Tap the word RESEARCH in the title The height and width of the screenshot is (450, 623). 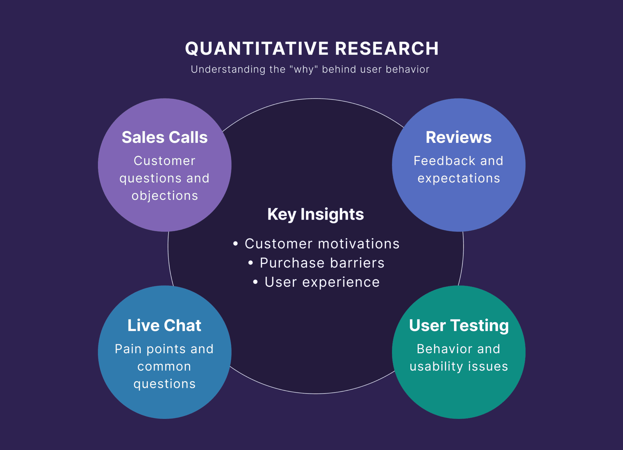pos(386,49)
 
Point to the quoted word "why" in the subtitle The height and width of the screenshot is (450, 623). pos(303,69)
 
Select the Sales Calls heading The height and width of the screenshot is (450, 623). pos(165,137)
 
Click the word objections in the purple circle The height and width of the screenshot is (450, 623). pos(165,196)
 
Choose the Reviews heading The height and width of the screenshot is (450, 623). pos(458,137)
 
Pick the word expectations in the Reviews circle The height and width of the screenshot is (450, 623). pos(458,179)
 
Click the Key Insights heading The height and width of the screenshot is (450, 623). pos(315,214)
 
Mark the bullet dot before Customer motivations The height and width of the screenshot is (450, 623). pos(236,244)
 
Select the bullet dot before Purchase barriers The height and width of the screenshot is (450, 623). pos(250,263)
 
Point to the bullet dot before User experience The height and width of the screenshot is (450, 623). pos(255,282)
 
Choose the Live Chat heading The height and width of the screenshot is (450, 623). pos(164,325)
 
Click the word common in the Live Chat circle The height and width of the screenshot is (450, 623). pos(164,366)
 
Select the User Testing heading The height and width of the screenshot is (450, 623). pos(458,325)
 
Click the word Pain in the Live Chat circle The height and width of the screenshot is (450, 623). pos(128,349)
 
